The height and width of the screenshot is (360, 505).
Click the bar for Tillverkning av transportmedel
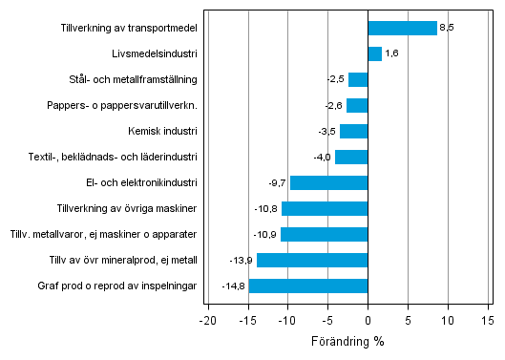pos(402,28)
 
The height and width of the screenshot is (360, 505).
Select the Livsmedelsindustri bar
pos(374,53)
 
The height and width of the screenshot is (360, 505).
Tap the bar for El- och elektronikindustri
pos(328,182)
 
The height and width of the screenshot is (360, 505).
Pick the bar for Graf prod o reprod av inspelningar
pos(308,286)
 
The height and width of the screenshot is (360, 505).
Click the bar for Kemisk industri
pos(353,131)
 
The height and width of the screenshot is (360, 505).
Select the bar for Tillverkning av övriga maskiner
pos(325,208)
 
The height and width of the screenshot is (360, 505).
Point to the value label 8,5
pos(447,28)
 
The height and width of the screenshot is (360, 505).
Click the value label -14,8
pos(235,286)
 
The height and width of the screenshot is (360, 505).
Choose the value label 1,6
pos(391,53)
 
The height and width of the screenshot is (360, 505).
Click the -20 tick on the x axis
pos(207,322)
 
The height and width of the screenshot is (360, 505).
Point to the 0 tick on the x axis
pos(368,322)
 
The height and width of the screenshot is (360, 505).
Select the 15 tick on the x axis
pos(488,322)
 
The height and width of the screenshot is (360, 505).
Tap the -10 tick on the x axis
pos(287,322)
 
